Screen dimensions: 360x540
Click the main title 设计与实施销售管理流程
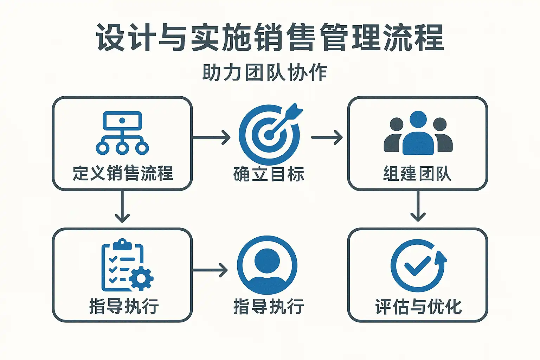[x=270, y=38]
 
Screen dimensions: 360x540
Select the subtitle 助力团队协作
[x=265, y=73]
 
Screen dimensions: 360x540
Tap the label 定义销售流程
[x=123, y=173]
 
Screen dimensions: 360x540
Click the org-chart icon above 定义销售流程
[x=122, y=133]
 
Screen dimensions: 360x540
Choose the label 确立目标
[x=269, y=174]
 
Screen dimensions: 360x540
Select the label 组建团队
[x=417, y=174]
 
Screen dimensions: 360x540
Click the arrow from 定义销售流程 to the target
[x=211, y=137]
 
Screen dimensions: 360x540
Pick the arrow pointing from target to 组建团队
[x=327, y=137]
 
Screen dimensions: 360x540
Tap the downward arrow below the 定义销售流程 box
[x=122, y=207]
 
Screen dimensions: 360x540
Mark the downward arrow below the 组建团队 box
[x=418, y=207]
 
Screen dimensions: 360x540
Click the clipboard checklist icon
[x=123, y=265]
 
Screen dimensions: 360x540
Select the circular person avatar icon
[x=267, y=265]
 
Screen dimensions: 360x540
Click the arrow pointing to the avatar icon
[x=210, y=270]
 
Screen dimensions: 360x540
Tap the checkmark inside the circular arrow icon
[x=417, y=266]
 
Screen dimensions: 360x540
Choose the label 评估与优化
[x=418, y=307]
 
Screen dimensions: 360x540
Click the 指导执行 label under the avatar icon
[x=269, y=307]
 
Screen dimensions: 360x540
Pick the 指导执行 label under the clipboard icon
[x=124, y=307]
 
